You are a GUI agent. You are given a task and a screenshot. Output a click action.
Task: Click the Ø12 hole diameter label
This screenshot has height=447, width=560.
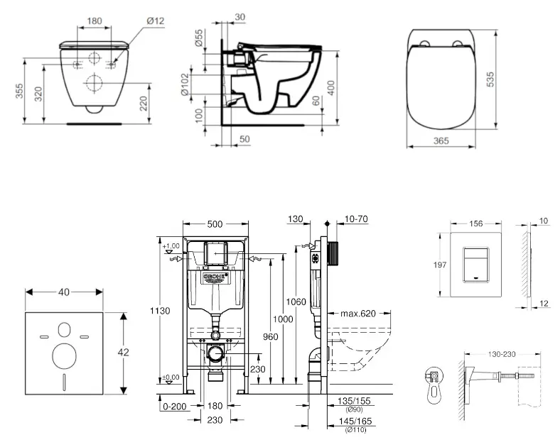point(156,21)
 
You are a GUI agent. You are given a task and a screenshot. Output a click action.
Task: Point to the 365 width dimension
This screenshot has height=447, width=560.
point(441,141)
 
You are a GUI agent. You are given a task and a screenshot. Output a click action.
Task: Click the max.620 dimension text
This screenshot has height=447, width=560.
point(357,313)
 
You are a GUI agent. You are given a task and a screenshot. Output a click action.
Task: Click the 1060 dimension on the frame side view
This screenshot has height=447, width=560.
point(297,302)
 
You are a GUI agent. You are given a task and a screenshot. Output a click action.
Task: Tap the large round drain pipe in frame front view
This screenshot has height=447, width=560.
point(216,354)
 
